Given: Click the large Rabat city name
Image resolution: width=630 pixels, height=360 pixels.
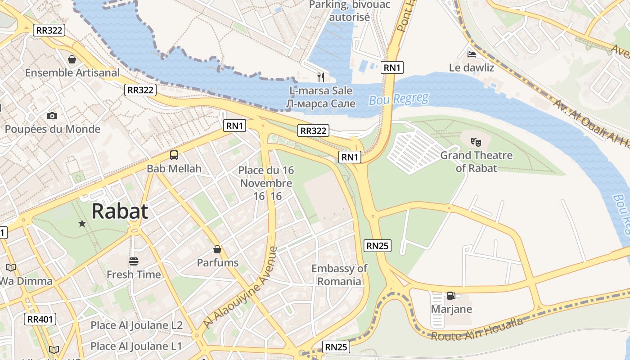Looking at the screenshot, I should pyautogui.click(x=120, y=211).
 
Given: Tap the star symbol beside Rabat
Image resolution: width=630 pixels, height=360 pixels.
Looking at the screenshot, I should pyautogui.click(x=82, y=223).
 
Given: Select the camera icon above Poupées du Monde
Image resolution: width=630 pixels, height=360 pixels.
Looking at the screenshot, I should pyautogui.click(x=52, y=116).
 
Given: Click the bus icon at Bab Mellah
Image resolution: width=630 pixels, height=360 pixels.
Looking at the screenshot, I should pyautogui.click(x=174, y=155).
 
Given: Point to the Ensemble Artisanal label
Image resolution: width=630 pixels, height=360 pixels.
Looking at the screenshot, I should pyautogui.click(x=72, y=72).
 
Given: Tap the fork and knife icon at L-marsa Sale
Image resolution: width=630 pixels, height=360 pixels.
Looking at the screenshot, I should pyautogui.click(x=321, y=77).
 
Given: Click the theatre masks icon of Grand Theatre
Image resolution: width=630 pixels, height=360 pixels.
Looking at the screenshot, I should pyautogui.click(x=476, y=142).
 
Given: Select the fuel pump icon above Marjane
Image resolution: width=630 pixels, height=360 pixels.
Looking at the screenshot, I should pyautogui.click(x=451, y=296).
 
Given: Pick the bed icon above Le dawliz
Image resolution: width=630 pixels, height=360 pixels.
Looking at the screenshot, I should pyautogui.click(x=471, y=54).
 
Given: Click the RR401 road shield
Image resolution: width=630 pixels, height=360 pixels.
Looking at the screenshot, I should pyautogui.click(x=40, y=319).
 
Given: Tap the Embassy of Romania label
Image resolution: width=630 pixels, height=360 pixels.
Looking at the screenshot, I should pyautogui.click(x=339, y=275).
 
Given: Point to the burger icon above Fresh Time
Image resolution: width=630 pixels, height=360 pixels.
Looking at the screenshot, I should pyautogui.click(x=133, y=261).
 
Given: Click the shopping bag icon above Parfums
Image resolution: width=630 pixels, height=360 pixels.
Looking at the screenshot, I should pyautogui.click(x=217, y=249).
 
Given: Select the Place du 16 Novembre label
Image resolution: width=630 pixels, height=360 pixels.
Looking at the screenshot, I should pyautogui.click(x=266, y=177).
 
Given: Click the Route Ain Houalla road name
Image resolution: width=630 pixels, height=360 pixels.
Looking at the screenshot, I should pyautogui.click(x=477, y=329).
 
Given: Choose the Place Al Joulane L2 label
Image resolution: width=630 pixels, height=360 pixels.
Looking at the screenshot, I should pyautogui.click(x=136, y=325).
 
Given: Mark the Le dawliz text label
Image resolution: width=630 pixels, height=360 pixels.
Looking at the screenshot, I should pyautogui.click(x=472, y=68).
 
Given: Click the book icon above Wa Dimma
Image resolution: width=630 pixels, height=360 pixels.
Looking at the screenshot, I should pyautogui.click(x=11, y=268).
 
